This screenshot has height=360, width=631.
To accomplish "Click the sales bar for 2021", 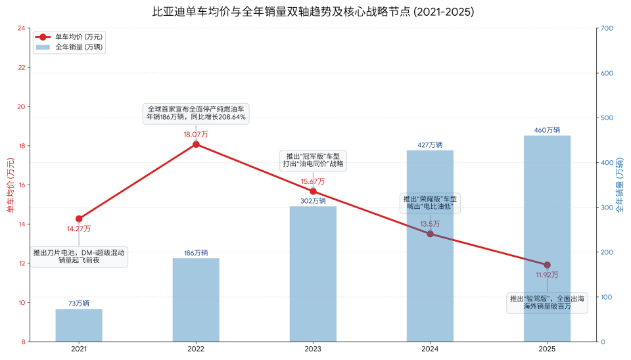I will click(79, 325).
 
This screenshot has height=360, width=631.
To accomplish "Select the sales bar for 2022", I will click(196, 300).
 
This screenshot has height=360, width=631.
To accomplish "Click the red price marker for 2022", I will click(196, 144).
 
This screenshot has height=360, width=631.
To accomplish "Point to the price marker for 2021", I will click(79, 219).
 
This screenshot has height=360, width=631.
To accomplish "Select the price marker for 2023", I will click(313, 191).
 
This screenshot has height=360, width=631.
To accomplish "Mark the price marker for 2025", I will click(547, 265).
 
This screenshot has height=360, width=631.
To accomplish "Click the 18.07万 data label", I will click(196, 134).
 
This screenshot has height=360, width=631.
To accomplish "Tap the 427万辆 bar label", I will click(430, 145).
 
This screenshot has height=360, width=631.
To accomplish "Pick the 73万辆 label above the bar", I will click(79, 304).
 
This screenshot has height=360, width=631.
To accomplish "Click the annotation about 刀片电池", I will click(79, 256).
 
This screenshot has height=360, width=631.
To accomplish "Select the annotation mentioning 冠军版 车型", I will click(313, 160).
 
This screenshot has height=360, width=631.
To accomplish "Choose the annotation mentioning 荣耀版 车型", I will click(430, 203).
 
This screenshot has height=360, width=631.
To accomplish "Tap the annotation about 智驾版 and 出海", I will click(547, 303).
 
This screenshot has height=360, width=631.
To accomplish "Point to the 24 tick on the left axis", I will click(22, 28).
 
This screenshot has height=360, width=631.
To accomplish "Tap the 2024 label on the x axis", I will click(430, 349).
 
